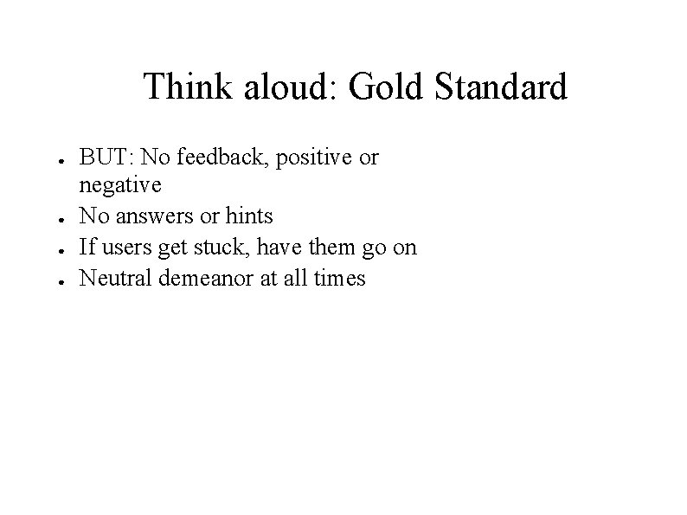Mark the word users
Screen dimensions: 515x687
(x=121, y=248)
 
